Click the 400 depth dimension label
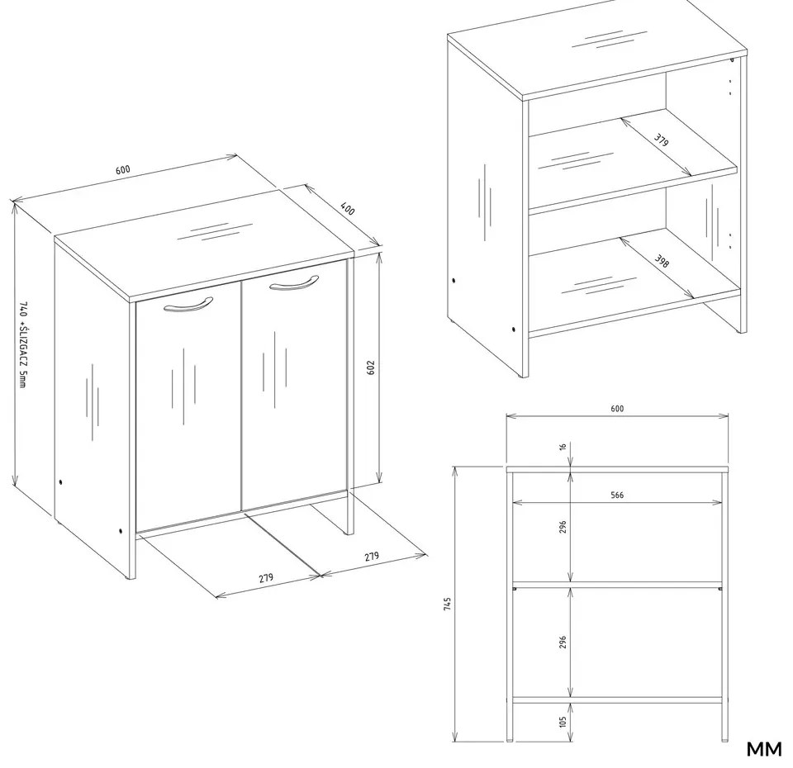point(348,208)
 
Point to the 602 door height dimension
point(371,367)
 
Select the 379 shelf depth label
point(661,140)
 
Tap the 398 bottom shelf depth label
point(662,260)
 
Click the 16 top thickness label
point(563,447)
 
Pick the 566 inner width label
point(617,495)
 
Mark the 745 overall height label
point(447,604)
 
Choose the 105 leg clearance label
point(563,722)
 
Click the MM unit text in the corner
point(764,749)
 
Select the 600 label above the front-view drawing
point(617,409)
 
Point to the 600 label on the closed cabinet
point(123,169)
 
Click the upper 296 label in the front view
point(563,527)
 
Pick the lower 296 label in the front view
point(563,642)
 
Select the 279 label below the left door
point(266,577)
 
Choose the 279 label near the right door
point(371,556)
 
